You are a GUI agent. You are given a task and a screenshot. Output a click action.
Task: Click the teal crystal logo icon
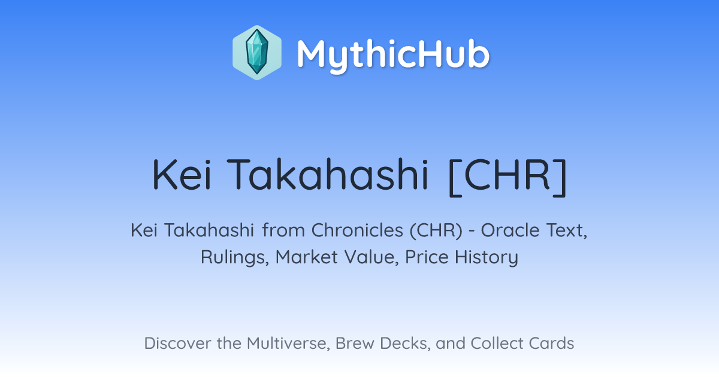pyautogui.click(x=257, y=53)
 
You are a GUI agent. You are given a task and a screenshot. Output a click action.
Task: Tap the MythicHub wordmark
pyautogui.click(x=393, y=55)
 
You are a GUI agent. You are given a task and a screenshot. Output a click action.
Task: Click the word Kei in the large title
pyautogui.click(x=182, y=175)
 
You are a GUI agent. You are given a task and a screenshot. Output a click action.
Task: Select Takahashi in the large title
pyautogui.click(x=327, y=175)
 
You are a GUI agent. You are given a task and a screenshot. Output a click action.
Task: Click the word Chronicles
pyautogui.click(x=357, y=230)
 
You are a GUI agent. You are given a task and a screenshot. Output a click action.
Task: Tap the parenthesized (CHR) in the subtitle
pyautogui.click(x=436, y=230)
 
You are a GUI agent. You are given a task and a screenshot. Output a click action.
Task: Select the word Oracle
pyautogui.click(x=510, y=230)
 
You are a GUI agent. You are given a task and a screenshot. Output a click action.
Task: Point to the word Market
pyautogui.click(x=307, y=257)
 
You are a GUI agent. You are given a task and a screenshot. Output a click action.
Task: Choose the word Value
pyautogui.click(x=371, y=257)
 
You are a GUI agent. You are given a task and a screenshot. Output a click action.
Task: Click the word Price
pyautogui.click(x=427, y=257)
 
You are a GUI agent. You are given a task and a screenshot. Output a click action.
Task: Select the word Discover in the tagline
pyautogui.click(x=177, y=343)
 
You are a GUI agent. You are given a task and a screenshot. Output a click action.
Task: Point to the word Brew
pyautogui.click(x=355, y=343)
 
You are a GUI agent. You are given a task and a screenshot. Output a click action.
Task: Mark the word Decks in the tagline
pyautogui.click(x=405, y=343)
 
